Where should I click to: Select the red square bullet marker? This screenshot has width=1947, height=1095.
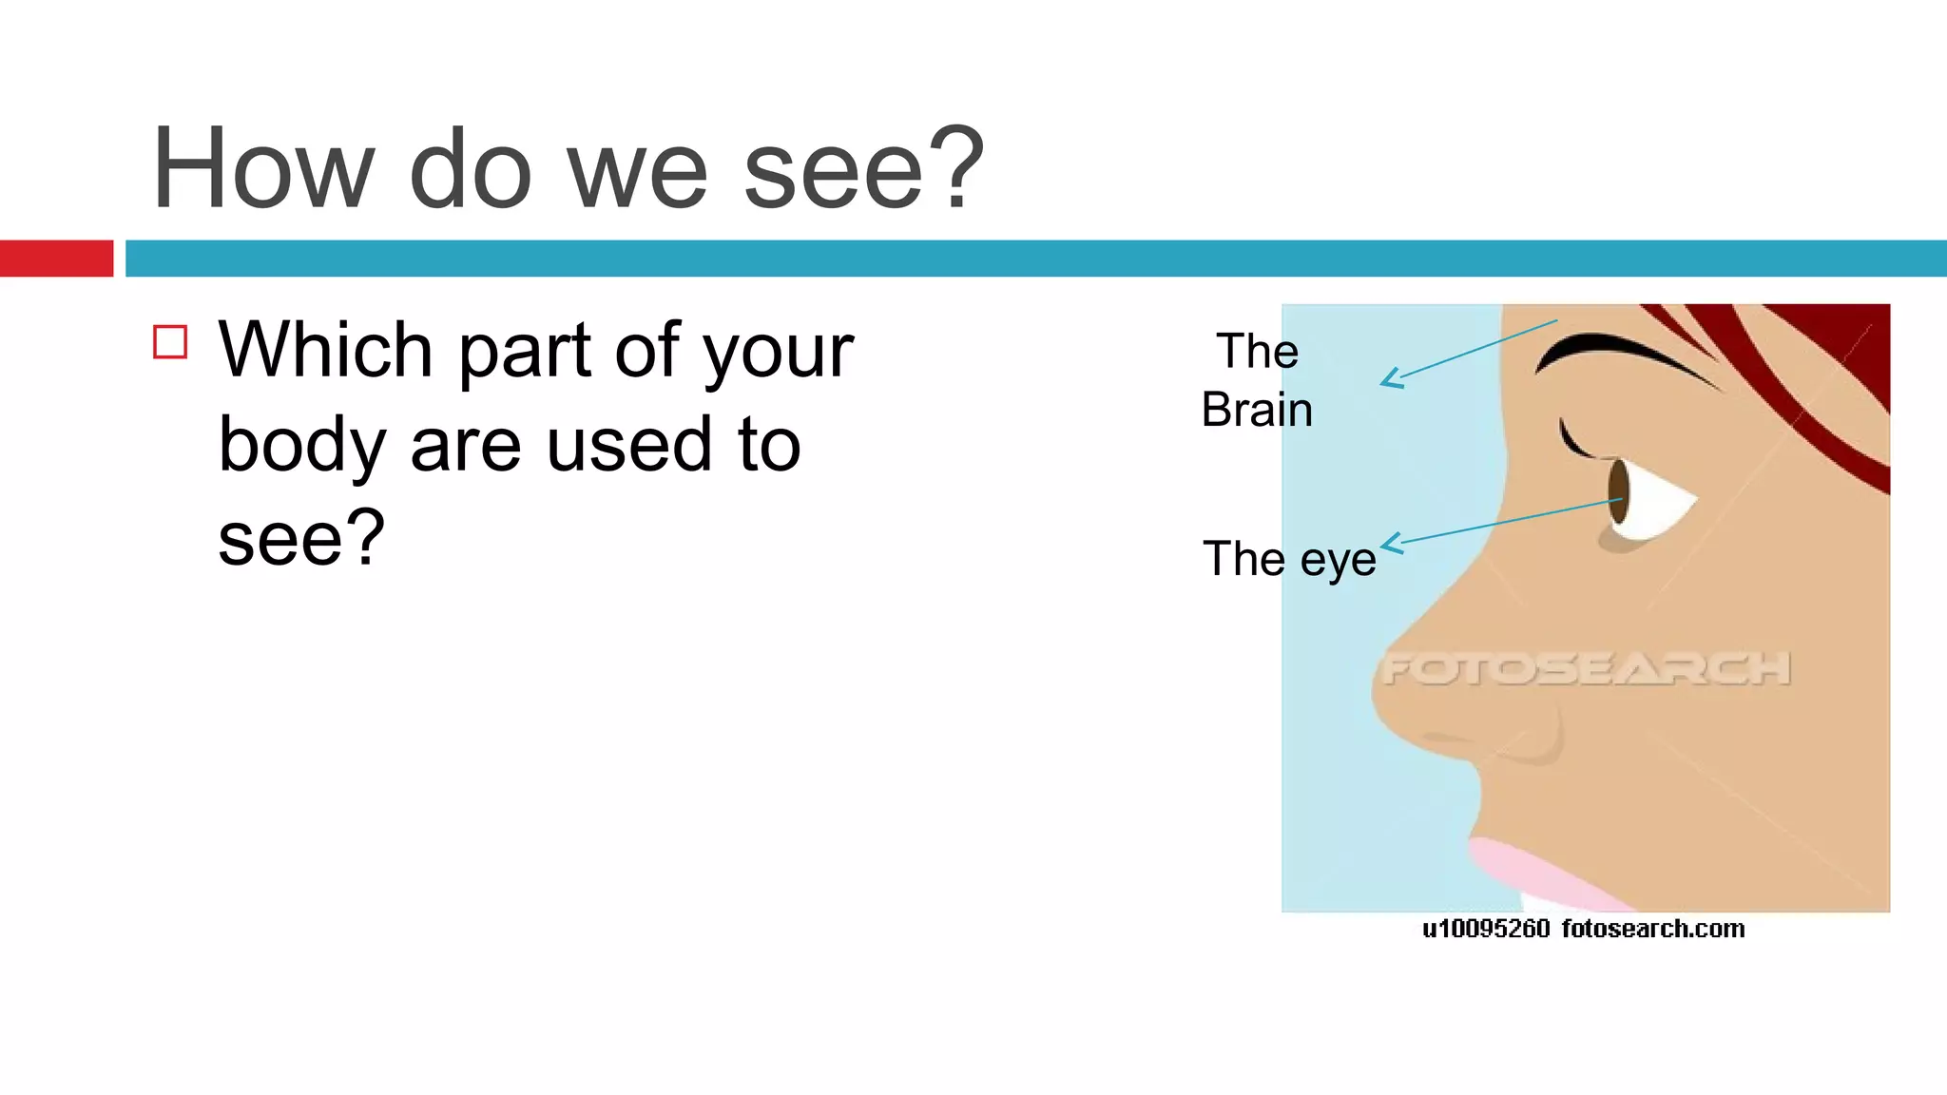170,342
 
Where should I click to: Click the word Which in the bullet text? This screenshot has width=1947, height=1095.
326,350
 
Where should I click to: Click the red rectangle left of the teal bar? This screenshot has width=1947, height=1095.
56,259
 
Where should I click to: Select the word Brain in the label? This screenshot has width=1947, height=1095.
1257,410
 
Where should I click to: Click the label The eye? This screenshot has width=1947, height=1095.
1289,558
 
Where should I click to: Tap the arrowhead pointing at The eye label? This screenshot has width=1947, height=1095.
1390,545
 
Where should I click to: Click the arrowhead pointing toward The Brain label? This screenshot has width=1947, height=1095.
1390,379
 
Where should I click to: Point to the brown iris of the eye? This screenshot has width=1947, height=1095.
1618,490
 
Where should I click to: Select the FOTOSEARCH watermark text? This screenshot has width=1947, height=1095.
1586,668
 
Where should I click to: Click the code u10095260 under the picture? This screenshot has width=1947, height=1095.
1486,929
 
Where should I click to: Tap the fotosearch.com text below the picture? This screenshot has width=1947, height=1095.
1652,929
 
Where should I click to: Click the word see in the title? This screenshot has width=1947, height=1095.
833,169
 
